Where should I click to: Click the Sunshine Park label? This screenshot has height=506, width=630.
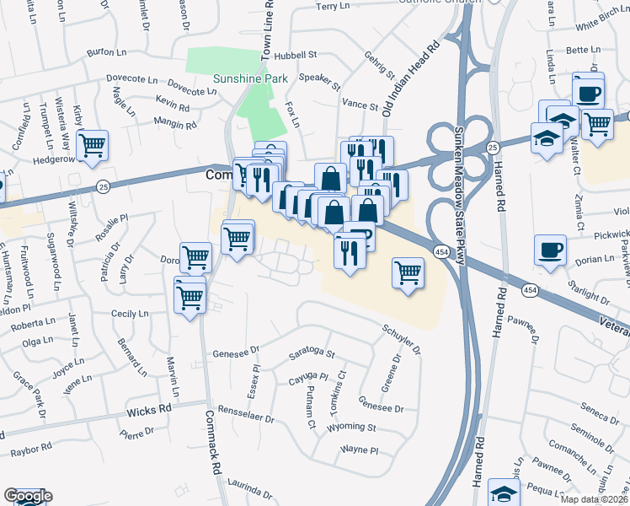click(251, 78)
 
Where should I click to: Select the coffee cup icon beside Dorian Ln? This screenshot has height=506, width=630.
click(550, 250)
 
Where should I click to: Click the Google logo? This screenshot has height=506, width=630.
click(27, 497)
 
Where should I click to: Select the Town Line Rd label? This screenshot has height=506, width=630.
click(267, 30)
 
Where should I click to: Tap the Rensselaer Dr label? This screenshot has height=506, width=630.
click(246, 417)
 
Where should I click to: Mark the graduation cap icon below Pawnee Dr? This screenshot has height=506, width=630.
click(505, 495)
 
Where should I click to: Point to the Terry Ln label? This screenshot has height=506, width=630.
click(333, 6)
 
